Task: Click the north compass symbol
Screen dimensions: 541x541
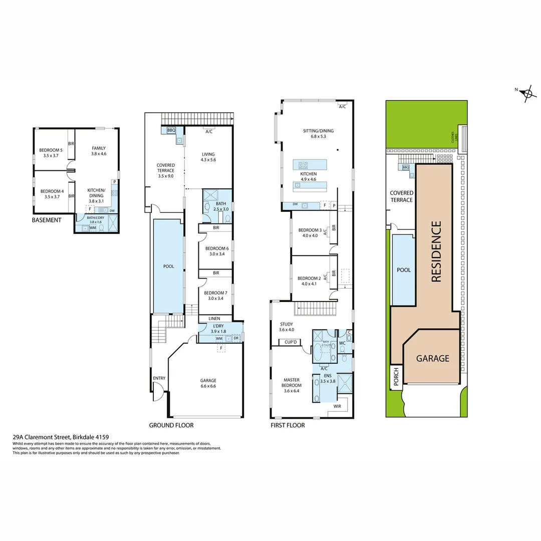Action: tap(526, 93)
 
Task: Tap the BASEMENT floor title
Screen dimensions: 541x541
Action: tap(47, 220)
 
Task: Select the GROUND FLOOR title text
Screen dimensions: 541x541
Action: tap(171, 425)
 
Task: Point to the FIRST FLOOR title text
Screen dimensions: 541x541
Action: tap(287, 425)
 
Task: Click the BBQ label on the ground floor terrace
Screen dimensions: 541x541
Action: tap(171, 130)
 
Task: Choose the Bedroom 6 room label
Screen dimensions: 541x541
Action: tap(217, 248)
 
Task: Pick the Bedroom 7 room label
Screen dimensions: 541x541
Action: tap(217, 293)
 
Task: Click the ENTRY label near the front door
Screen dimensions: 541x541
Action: tap(159, 378)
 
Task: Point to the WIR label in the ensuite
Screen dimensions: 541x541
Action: tap(337, 406)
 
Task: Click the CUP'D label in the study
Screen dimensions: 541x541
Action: tap(292, 343)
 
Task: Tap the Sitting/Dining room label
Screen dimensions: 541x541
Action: tap(318, 131)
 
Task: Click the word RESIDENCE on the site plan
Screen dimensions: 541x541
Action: tap(436, 252)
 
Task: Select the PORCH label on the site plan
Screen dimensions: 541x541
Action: tap(396, 378)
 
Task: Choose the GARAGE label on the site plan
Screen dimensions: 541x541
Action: tap(433, 359)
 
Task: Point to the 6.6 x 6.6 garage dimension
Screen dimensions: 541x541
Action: tap(208, 387)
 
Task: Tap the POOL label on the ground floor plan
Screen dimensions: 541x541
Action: tap(169, 266)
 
